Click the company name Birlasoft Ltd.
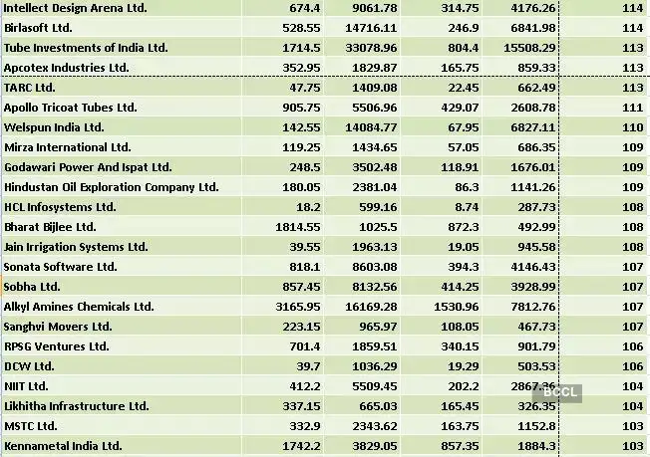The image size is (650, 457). [x=37, y=28]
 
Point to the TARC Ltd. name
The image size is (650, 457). [x=29, y=88]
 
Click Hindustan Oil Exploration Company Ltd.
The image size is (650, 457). [x=111, y=187]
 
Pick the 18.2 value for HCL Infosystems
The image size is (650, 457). [x=307, y=207]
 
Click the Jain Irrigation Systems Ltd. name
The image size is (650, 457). [x=76, y=247]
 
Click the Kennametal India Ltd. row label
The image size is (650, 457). [x=63, y=446]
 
